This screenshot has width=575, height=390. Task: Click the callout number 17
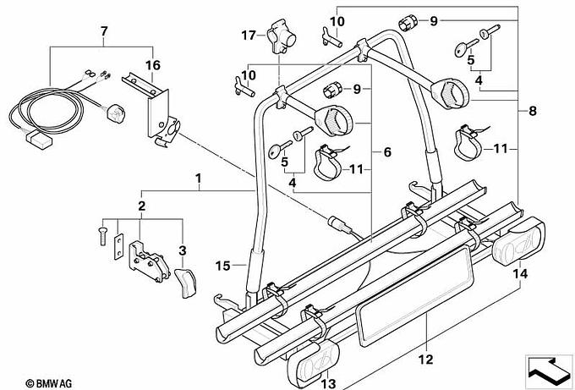click(x=249, y=36)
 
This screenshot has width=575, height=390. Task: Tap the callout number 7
click(x=104, y=31)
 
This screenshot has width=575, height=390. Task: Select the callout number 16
click(x=153, y=65)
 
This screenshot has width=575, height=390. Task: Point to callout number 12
click(x=425, y=360)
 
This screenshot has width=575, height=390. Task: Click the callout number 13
click(x=328, y=384)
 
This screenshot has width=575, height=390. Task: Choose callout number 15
click(x=222, y=266)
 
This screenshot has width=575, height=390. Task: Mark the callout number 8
click(x=533, y=111)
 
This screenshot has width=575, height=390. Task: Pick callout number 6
click(x=387, y=152)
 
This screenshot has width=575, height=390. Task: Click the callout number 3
click(x=183, y=251)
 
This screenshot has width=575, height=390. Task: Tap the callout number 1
click(x=199, y=179)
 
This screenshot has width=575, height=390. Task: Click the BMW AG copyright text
click(x=48, y=384)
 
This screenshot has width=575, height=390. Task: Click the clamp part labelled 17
click(x=282, y=36)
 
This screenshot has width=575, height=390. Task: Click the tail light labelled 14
click(x=518, y=240)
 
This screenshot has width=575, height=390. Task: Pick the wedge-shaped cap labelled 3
click(x=185, y=283)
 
